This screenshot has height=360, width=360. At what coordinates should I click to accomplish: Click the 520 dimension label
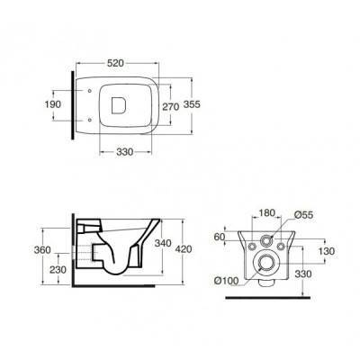[x=115, y=63]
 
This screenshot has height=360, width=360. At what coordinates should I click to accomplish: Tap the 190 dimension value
[x=53, y=104]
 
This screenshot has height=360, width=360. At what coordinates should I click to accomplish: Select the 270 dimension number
[x=171, y=106]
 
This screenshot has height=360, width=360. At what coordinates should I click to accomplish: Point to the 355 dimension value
[x=192, y=104]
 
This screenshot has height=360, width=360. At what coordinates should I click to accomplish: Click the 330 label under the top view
[x=124, y=152]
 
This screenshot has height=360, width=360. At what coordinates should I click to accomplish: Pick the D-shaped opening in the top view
[x=119, y=105]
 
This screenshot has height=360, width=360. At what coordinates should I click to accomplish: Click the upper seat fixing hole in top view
[x=90, y=90]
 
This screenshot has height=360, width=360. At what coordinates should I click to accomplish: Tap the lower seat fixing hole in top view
[x=90, y=120]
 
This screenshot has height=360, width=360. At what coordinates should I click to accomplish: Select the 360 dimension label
[x=42, y=249]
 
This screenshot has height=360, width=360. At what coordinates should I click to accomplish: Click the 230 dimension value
[x=58, y=270]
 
